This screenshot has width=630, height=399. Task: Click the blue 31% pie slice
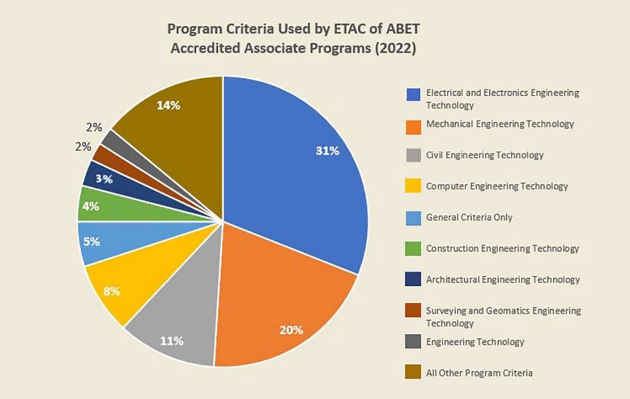tap(297, 164)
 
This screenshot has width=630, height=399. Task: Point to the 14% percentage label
tap(169, 106)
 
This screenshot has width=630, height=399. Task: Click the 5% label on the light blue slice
tap(92, 241)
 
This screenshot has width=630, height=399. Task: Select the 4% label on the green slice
tap(91, 205)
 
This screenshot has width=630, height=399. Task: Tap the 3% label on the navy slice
tap(104, 179)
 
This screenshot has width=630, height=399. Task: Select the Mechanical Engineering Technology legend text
tap(500, 124)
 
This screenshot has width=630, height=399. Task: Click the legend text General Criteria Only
tap(469, 217)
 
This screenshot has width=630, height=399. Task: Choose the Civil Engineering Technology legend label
tap(485, 155)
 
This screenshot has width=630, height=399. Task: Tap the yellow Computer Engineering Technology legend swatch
tap(413, 187)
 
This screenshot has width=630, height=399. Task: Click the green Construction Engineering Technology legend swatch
tap(413, 249)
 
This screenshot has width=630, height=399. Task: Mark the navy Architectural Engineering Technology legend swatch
tap(413, 280)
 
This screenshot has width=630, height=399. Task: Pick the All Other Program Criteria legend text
tap(479, 373)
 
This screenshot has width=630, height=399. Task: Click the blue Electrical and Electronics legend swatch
tap(413, 93)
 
